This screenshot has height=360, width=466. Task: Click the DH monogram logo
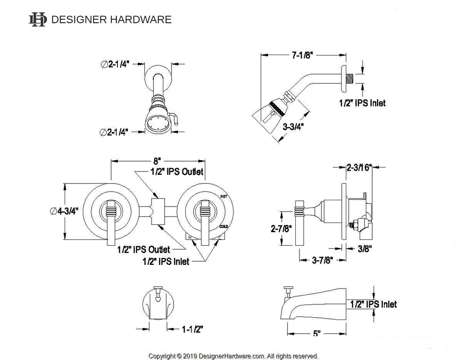(38, 20)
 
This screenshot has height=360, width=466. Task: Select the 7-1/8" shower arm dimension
(301, 56)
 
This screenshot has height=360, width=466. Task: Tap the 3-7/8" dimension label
(320, 260)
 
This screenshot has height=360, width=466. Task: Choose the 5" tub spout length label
(317, 334)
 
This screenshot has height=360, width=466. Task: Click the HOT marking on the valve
(223, 196)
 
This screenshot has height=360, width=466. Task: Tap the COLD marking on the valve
(224, 226)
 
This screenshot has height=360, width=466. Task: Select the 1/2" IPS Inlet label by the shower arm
(362, 103)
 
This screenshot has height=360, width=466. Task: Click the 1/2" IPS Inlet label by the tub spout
(374, 304)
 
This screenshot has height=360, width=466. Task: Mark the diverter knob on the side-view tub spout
(288, 290)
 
